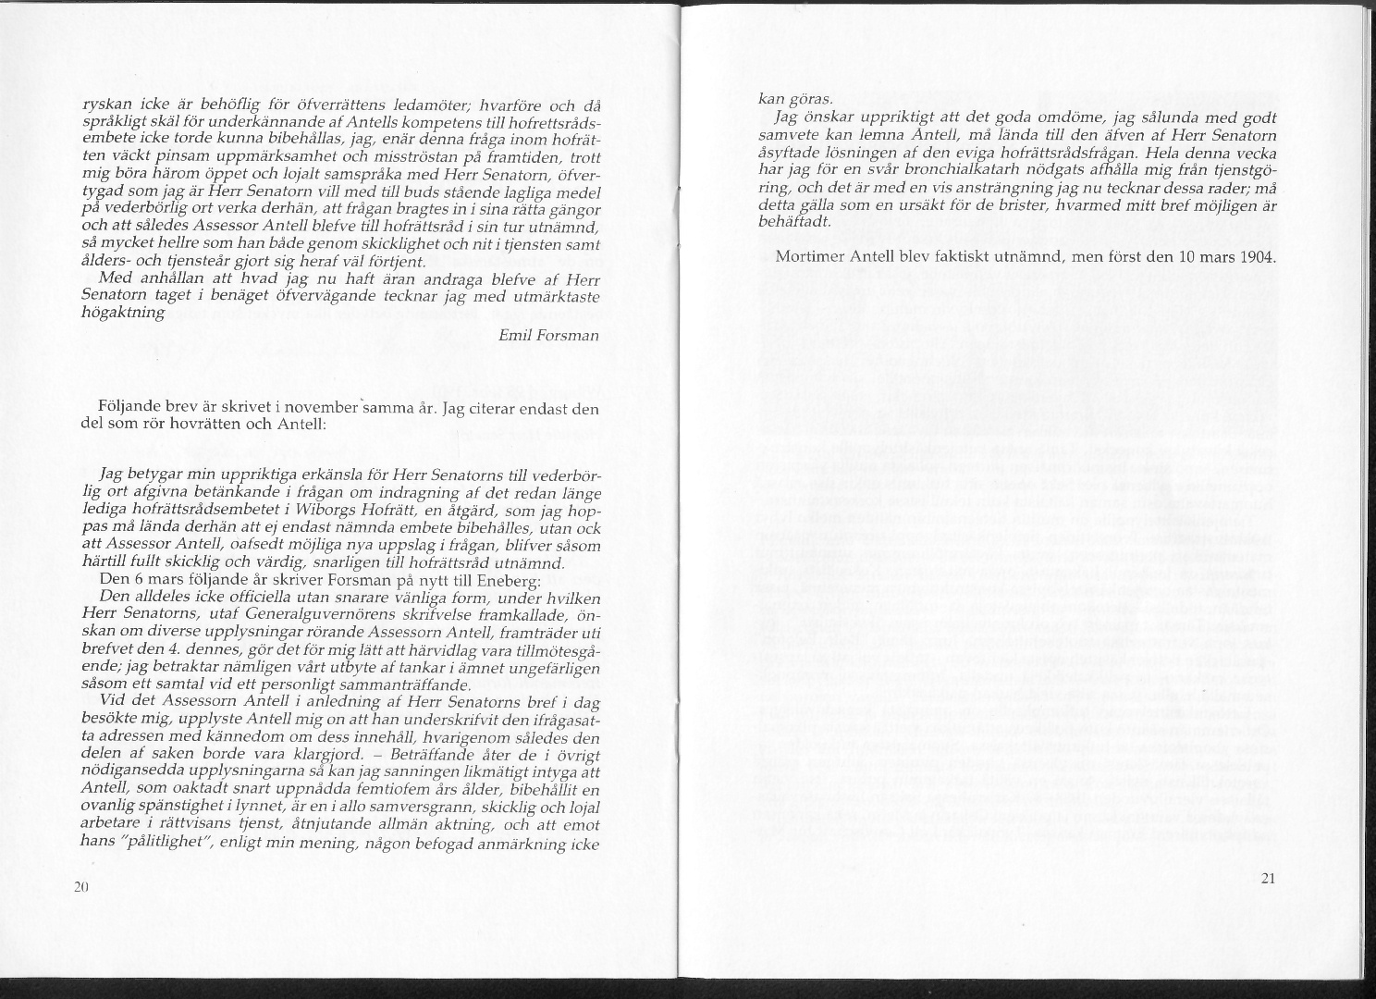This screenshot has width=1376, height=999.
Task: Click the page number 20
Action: pos(80,886)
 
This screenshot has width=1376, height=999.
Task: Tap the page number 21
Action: pos(1268,878)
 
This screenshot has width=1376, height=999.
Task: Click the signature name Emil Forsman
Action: pos(548,335)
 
